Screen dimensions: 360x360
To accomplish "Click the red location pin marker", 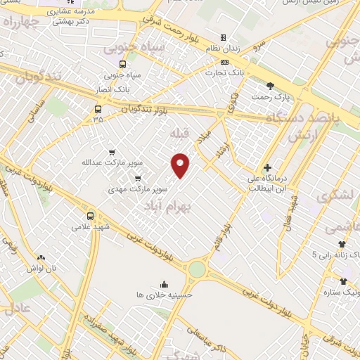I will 181,165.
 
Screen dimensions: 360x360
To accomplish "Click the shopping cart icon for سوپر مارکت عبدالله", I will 112,152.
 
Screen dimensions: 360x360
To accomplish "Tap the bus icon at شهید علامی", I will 90,216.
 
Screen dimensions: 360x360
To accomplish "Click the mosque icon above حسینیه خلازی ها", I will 164,284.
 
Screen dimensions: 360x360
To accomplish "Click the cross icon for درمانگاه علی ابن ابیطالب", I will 267,167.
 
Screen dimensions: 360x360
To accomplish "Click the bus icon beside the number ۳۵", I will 97,109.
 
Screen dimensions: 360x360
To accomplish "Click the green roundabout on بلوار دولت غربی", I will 198,269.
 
